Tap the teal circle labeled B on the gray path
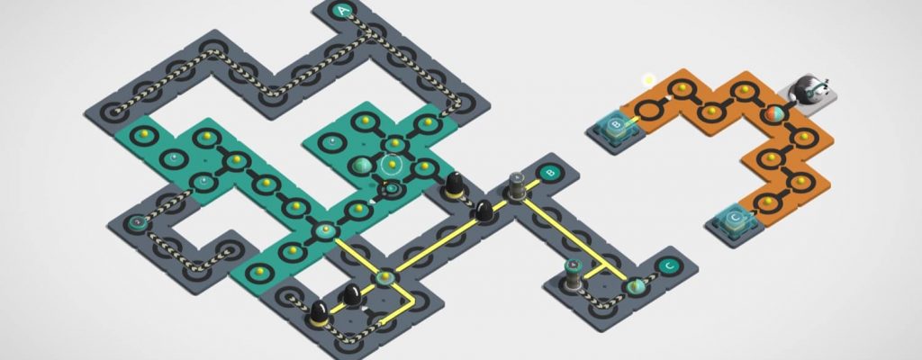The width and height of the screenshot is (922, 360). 551,173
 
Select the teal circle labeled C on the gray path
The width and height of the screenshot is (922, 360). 667,266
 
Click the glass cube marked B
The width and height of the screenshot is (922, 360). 615,126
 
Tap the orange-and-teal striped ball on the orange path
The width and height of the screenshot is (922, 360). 773,114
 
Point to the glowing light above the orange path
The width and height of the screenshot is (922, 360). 648,79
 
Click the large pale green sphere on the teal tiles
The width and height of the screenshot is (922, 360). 361,166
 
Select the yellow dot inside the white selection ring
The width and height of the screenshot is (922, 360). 392,163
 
